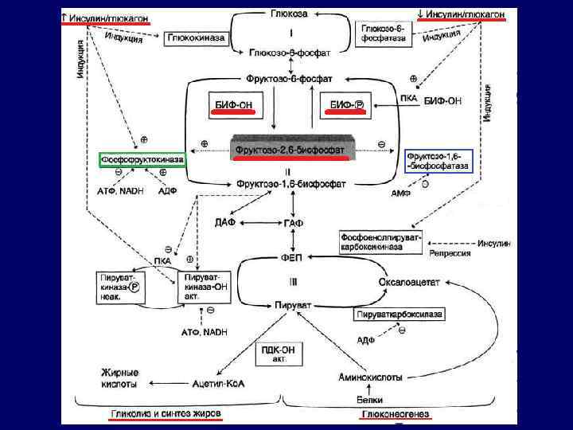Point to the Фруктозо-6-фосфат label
(x=290, y=79)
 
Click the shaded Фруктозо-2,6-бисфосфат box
(x=290, y=149)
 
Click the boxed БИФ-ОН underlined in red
(x=235, y=105)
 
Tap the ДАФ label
(x=225, y=221)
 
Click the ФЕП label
(x=290, y=256)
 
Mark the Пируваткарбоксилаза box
(x=399, y=315)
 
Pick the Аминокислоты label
(x=368, y=377)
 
